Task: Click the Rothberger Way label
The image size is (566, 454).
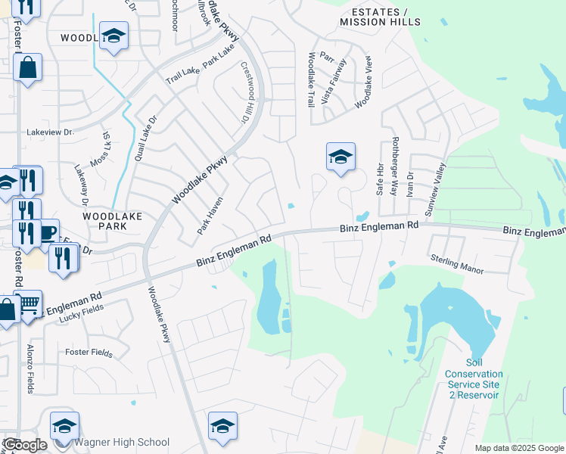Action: [x=393, y=166]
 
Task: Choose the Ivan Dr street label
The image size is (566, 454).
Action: [x=410, y=185]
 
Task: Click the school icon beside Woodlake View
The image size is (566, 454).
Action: [x=341, y=157]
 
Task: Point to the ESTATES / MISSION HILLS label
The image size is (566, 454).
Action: [x=380, y=17]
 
